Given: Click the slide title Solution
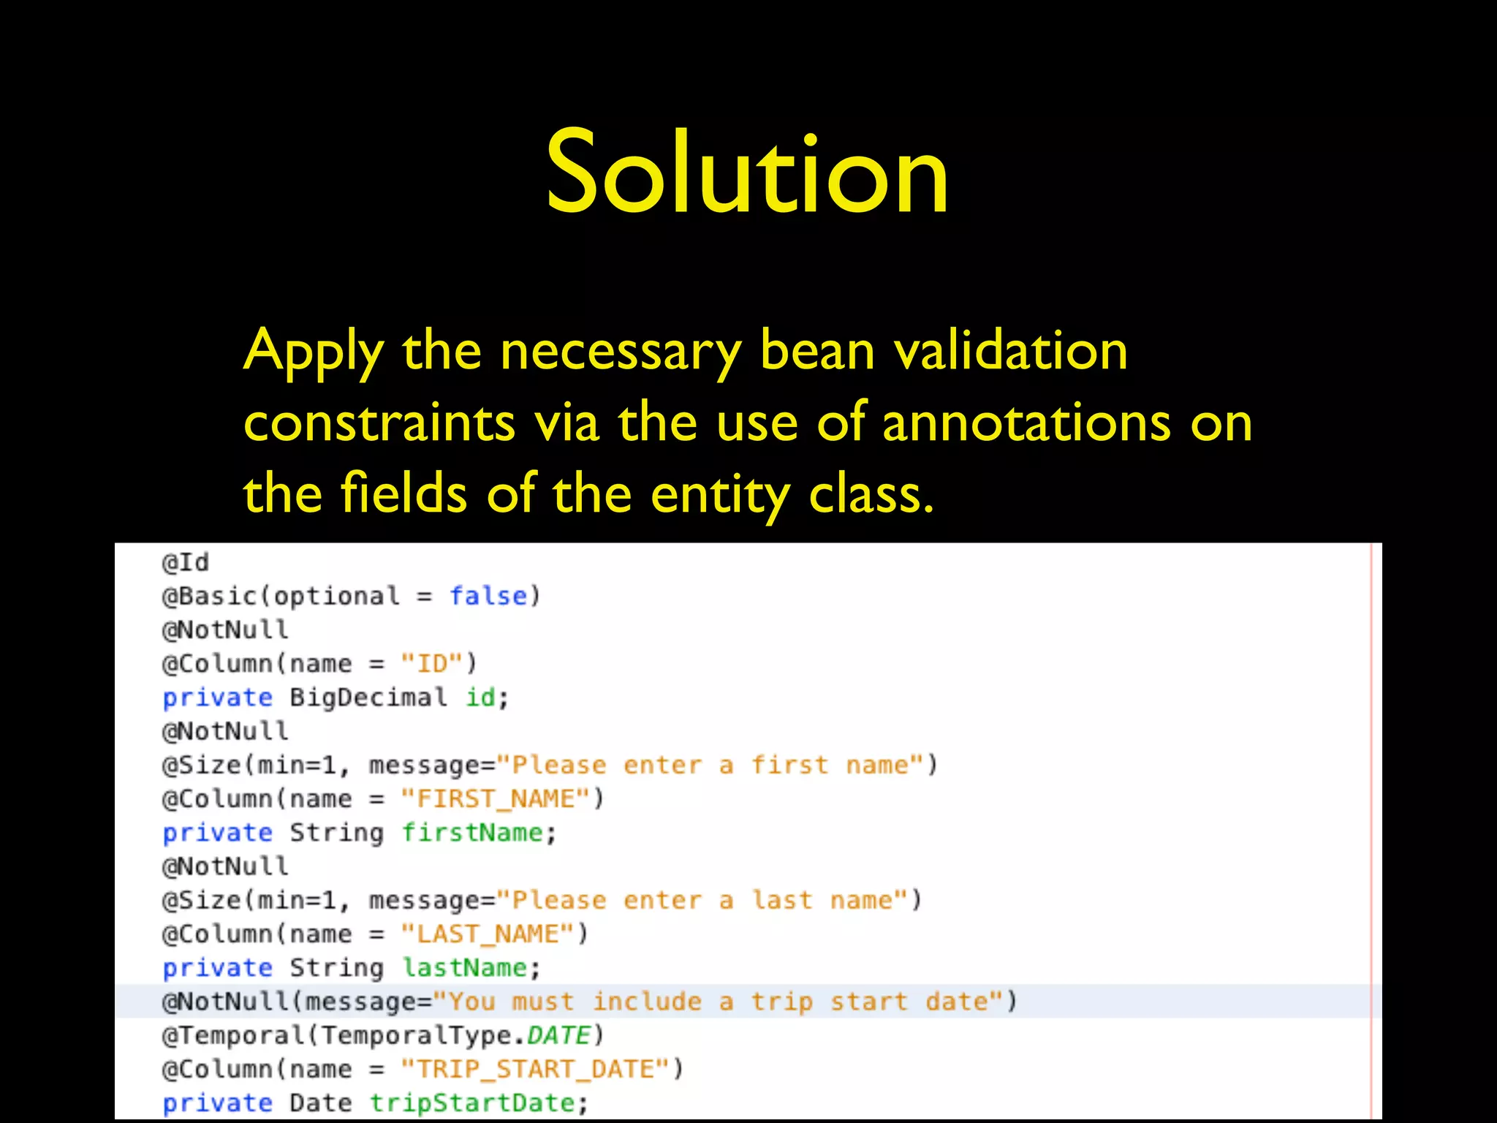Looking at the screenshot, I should click(747, 173).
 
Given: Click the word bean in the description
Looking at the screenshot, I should click(816, 350).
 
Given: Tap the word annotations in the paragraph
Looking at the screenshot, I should click(1026, 423).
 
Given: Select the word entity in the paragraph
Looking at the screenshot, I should click(719, 494).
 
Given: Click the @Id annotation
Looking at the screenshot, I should click(186, 562).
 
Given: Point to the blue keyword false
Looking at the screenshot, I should click(488, 596).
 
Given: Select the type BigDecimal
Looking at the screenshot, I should click(368, 697).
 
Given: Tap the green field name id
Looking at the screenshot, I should click(480, 697).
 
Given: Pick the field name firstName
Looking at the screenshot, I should click(472, 832).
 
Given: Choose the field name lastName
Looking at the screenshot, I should click(465, 967).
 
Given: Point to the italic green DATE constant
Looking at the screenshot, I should click(558, 1035).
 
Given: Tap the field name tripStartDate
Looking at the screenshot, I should click(472, 1103).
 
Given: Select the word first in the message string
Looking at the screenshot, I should click(789, 765).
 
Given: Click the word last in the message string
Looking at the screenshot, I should click(782, 900).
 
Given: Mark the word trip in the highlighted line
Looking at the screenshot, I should click(782, 1001).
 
